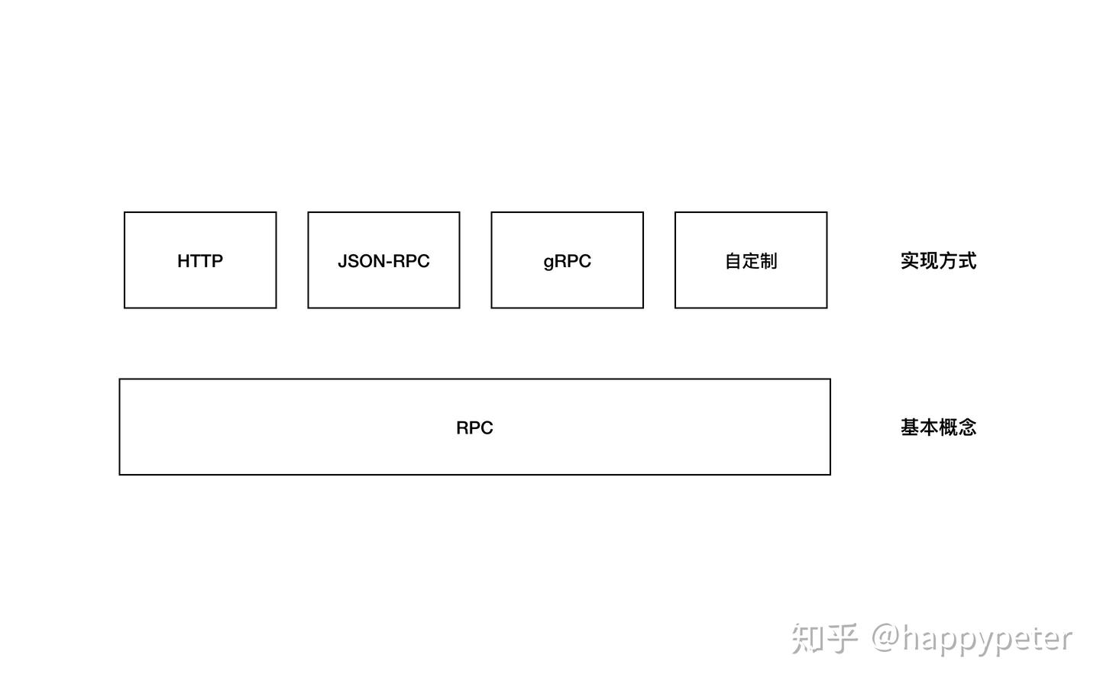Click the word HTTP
[x=200, y=261]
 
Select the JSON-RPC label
[x=383, y=261]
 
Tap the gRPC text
[x=567, y=261]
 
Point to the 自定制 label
[x=751, y=261]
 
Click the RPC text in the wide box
[x=474, y=427]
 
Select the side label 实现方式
[x=938, y=261]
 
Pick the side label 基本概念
[x=938, y=427]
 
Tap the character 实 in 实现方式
[x=910, y=261]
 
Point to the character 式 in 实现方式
[x=967, y=261]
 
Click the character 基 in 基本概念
[x=910, y=427]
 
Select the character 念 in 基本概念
[x=967, y=427]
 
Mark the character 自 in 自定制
[x=733, y=261]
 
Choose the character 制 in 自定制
[x=768, y=261]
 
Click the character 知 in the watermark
[x=807, y=638]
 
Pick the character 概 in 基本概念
[x=948, y=427]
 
